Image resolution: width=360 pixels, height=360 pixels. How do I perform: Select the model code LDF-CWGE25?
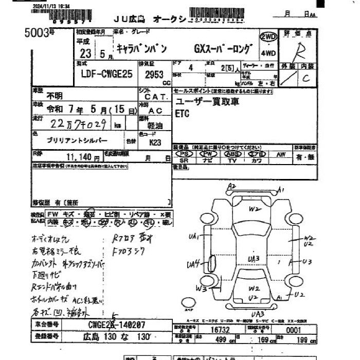107,74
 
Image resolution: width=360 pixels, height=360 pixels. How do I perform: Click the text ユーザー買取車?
207,102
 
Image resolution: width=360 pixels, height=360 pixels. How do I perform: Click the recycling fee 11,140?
79,157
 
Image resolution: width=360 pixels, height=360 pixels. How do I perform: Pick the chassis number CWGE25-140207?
116,325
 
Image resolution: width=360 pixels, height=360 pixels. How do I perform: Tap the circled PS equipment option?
184,154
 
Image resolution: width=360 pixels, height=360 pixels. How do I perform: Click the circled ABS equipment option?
233,154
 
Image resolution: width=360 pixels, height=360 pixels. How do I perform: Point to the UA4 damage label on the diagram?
194,264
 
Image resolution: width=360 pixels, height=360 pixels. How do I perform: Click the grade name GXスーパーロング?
223,49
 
